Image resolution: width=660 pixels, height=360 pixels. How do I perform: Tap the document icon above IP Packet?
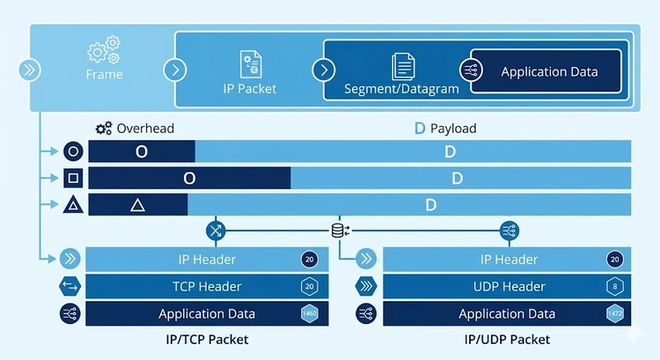[250, 64]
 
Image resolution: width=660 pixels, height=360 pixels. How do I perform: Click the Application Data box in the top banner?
[548, 71]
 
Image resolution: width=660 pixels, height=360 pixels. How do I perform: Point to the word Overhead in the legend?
[145, 129]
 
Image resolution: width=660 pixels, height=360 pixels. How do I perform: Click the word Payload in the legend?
[453, 129]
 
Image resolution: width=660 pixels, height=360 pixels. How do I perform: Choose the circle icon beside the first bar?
[73, 151]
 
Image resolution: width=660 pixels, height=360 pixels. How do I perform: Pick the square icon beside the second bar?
[73, 179]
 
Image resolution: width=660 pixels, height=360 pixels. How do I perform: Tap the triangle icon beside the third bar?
[73, 205]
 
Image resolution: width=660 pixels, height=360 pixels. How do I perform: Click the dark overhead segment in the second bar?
[189, 179]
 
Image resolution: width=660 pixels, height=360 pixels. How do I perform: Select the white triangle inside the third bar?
[137, 205]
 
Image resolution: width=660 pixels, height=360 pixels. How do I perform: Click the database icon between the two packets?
[338, 231]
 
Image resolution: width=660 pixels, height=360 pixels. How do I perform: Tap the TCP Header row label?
[207, 286]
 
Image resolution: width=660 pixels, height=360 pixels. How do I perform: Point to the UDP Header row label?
[510, 286]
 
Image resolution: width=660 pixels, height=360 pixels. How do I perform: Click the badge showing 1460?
[310, 313]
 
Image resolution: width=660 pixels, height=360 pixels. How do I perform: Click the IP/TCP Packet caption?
[207, 339]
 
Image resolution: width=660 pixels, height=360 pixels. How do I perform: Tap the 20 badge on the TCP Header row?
[310, 286]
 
